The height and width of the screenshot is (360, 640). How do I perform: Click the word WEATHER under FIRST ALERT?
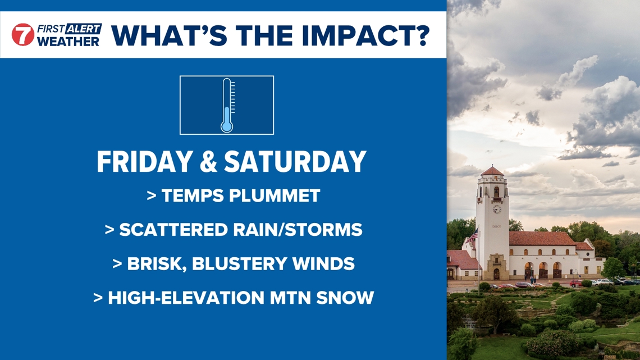coord(68,41)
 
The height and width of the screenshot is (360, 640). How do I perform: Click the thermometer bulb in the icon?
coord(226,125)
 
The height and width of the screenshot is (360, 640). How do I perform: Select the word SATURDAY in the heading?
coord(295,162)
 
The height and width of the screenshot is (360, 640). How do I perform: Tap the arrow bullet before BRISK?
coord(117,263)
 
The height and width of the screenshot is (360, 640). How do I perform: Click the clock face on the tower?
coord(496,209)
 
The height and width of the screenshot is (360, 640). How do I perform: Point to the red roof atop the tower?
coord(492,171)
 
